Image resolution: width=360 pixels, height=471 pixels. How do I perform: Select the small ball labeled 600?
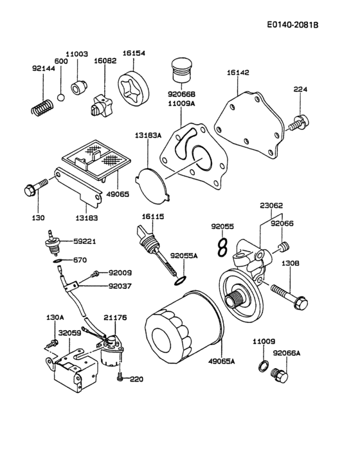click(60, 98)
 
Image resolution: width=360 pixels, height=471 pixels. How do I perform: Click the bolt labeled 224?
click(300, 122)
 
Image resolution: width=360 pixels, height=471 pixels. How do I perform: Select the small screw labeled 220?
click(120, 378)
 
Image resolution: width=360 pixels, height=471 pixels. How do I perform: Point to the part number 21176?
click(115, 317)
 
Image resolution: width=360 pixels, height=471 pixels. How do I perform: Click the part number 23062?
click(271, 207)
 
